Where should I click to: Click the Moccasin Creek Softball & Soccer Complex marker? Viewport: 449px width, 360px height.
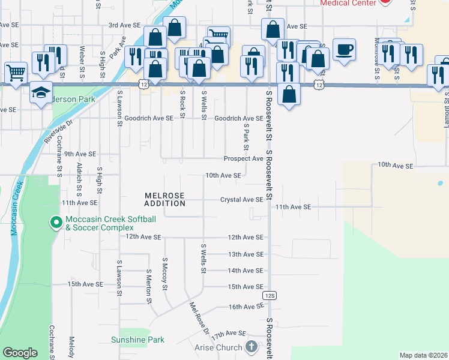pyautogui.click(x=56, y=223)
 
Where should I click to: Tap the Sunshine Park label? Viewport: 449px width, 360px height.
pyautogui.click(x=137, y=340)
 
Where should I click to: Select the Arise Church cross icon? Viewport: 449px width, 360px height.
pyautogui.click(x=251, y=347)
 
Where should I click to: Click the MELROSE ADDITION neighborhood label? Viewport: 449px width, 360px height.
pyautogui.click(x=164, y=199)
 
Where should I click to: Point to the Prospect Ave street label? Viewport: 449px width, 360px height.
pyautogui.click(x=243, y=158)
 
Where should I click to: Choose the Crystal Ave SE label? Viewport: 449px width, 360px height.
pyautogui.click(x=241, y=199)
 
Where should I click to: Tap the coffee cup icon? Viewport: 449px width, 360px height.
pyautogui.click(x=344, y=49)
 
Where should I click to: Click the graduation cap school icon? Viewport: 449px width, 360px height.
pyautogui.click(x=40, y=92)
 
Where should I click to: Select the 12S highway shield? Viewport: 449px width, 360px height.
pyautogui.click(x=269, y=296)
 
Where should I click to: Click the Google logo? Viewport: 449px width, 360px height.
pyautogui.click(x=20, y=353)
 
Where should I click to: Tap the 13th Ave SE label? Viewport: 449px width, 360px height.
pyautogui.click(x=246, y=254)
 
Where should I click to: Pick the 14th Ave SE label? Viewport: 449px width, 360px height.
pyautogui.click(x=246, y=271)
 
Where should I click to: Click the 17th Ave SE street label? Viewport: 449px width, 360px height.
pyautogui.click(x=228, y=333)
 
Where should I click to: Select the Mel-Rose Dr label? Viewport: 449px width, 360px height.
pyautogui.click(x=199, y=319)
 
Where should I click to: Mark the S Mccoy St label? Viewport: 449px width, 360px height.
pyautogui.click(x=164, y=274)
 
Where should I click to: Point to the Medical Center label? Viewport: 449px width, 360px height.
pyautogui.click(x=348, y=3)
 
